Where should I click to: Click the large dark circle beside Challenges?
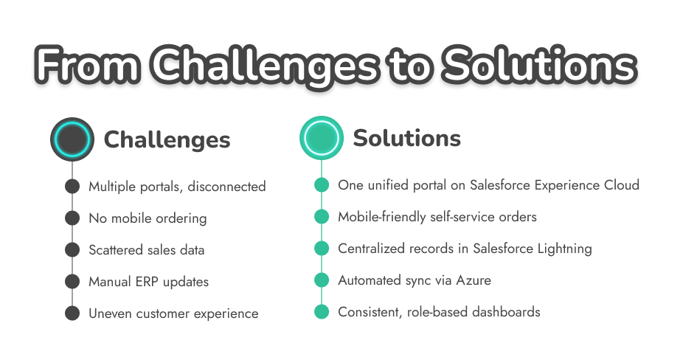tap(72, 139)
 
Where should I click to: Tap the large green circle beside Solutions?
tap(322, 138)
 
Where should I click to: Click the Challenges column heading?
tap(167, 139)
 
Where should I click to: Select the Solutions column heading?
tap(407, 138)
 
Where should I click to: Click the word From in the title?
tap(88, 66)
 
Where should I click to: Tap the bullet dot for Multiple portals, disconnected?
tap(72, 187)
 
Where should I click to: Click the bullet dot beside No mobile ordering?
tap(72, 218)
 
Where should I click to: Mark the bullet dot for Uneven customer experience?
tap(72, 314)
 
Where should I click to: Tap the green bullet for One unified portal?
tap(322, 184)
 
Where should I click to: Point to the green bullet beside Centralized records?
tap(322, 248)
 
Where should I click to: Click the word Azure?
tap(474, 280)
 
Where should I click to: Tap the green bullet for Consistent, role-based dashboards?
tap(322, 311)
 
